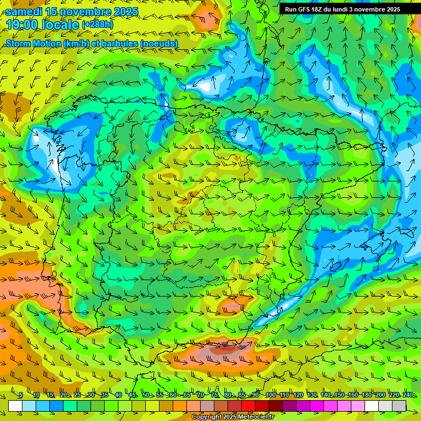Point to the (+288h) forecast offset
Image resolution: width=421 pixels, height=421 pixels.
click(x=99, y=25)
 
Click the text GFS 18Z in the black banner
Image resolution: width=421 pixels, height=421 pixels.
click(x=311, y=9)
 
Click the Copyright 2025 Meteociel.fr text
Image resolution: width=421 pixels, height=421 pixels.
click(x=232, y=417)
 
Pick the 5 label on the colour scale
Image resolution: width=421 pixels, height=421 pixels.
click(x=20, y=395)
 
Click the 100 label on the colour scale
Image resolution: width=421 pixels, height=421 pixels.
click(x=270, y=395)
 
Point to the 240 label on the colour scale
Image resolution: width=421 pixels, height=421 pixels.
click(x=407, y=395)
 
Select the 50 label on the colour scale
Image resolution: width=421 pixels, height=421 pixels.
click(x=146, y=395)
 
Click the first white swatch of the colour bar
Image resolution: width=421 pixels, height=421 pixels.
click(x=15, y=406)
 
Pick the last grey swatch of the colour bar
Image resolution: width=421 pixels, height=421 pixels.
click(x=399, y=406)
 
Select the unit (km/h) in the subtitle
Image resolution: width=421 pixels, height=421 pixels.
click(x=77, y=43)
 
